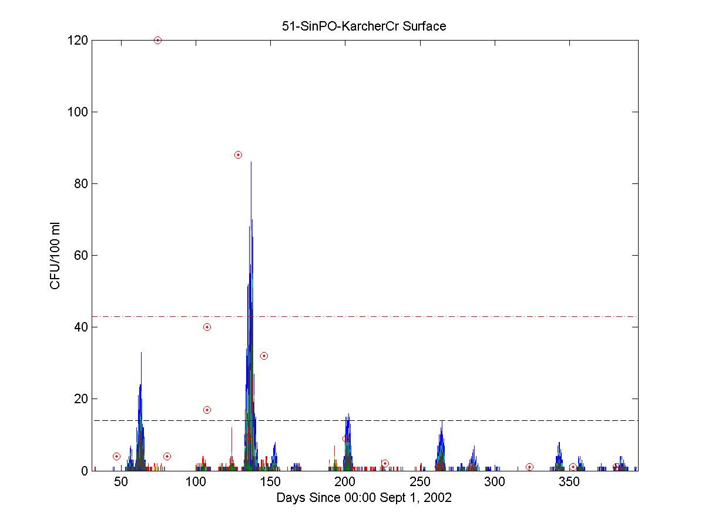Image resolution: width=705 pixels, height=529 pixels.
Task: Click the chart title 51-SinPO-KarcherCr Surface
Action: [364, 26]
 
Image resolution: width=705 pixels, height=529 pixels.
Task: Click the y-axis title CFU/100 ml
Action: [55, 255]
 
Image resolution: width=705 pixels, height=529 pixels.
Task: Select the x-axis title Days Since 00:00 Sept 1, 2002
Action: [364, 498]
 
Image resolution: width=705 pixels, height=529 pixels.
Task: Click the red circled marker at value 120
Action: [157, 40]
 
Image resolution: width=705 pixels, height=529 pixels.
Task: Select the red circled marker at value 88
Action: [238, 155]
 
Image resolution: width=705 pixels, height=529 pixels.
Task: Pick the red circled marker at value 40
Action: [207, 327]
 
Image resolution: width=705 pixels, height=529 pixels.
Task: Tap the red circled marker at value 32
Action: [264, 356]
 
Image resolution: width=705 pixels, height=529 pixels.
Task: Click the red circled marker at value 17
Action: [207, 410]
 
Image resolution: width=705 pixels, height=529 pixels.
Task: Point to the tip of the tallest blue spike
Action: [251, 162]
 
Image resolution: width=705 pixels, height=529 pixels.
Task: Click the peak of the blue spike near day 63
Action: [141, 353]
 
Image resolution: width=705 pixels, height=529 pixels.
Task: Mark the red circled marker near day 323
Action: [529, 467]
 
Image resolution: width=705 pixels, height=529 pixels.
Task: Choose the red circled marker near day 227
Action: [385, 463]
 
